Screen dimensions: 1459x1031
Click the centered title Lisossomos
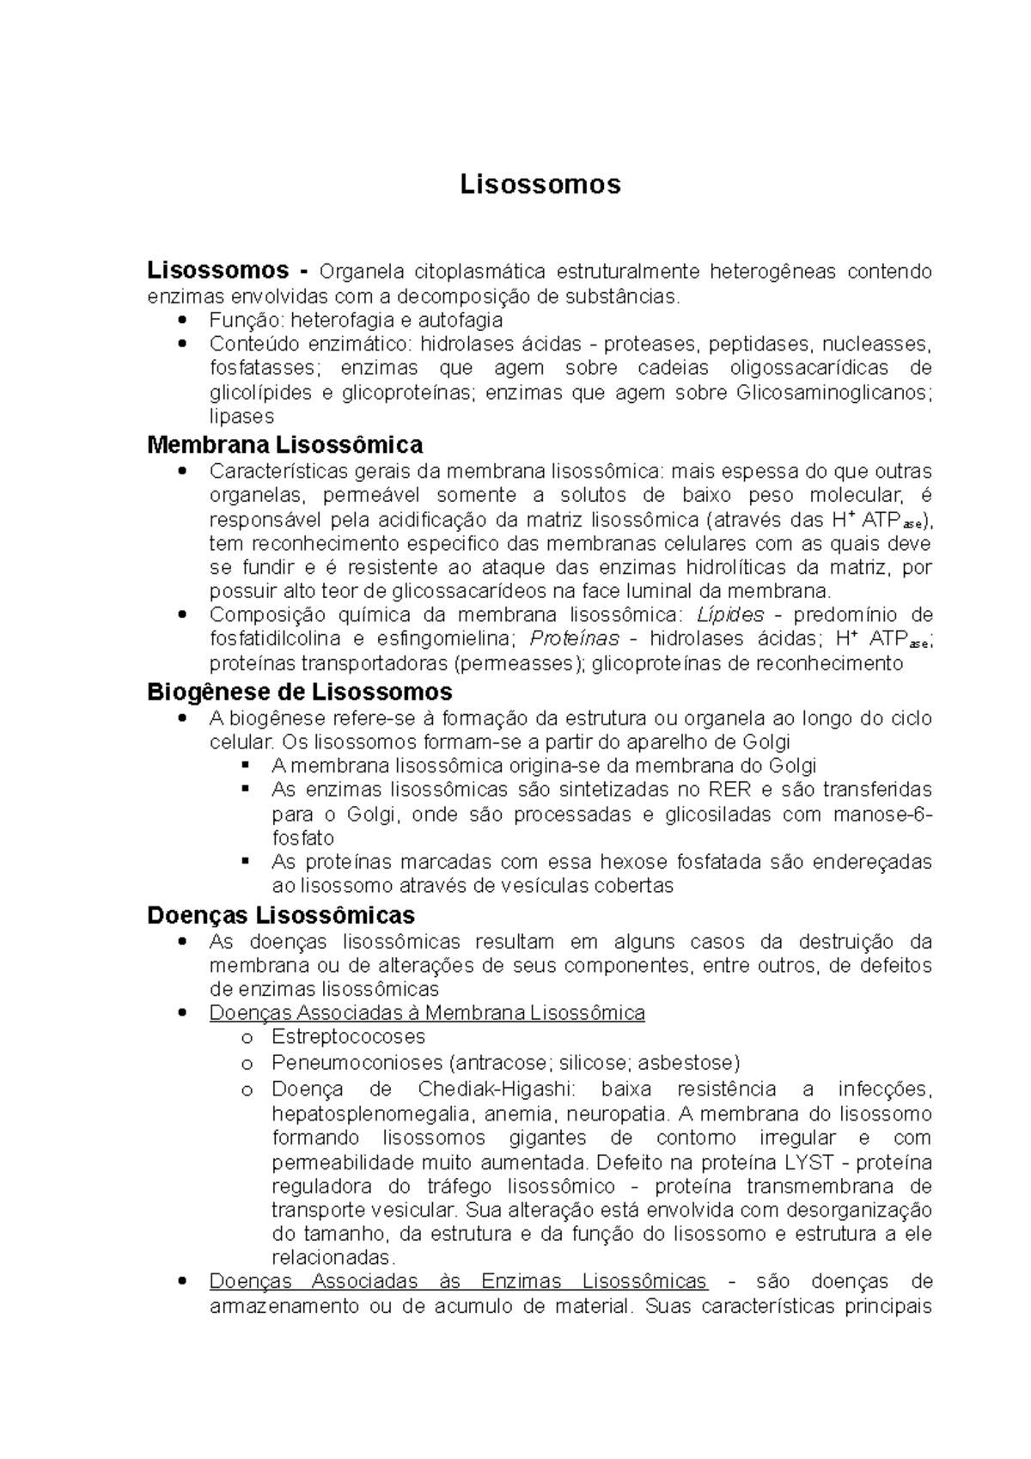[540, 184]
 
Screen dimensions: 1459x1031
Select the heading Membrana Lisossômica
[284, 445]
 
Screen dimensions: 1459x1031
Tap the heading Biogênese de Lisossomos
[300, 692]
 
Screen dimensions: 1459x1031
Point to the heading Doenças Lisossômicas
[281, 914]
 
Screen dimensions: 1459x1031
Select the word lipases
[241, 417]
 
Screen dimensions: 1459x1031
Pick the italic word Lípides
[729, 615]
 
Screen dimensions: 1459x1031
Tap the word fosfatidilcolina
[275, 638]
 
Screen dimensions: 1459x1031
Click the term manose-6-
[882, 814]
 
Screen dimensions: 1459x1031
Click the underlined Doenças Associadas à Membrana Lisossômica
[427, 1013]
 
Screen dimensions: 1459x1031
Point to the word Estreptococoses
[348, 1037]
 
